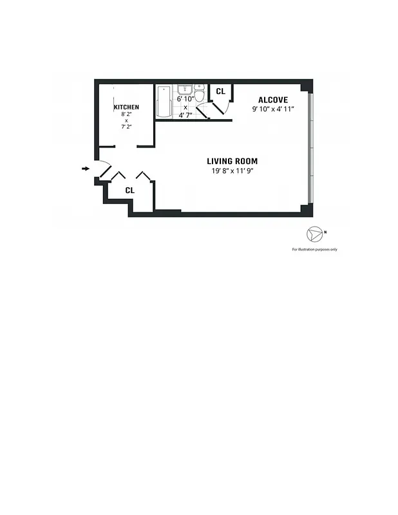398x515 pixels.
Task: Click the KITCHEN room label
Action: [126, 107]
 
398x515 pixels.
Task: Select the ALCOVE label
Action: [272, 100]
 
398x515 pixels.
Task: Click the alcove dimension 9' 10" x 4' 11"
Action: [273, 109]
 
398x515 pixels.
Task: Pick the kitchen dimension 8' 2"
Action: [126, 114]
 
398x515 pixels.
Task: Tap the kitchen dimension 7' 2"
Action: [126, 127]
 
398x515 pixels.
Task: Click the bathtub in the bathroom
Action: [164, 101]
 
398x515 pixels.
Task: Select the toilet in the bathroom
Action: [200, 97]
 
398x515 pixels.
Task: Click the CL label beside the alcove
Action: [220, 91]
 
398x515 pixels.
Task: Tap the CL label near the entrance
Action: [129, 191]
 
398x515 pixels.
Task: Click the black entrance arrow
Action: [85, 169]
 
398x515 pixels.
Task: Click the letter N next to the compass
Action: [325, 232]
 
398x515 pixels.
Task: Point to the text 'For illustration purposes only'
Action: [314, 249]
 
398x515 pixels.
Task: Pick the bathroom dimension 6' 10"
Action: [185, 99]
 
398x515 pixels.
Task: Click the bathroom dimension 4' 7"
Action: [185, 115]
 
